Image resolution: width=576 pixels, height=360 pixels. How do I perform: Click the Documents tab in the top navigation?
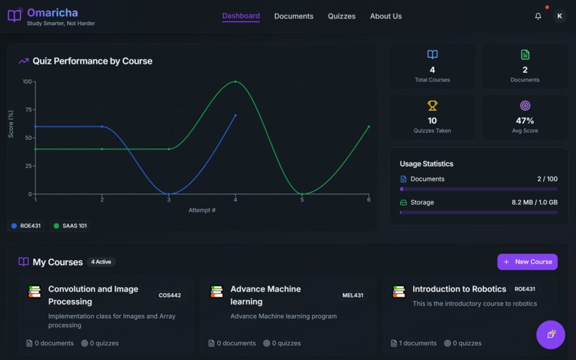294,16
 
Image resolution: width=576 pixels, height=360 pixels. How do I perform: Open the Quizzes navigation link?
342,16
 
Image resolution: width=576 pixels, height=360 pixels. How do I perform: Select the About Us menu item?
386,16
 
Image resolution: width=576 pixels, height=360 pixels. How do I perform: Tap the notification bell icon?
538,16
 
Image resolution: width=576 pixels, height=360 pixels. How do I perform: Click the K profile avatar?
560,16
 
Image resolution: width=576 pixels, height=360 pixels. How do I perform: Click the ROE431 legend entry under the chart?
26,226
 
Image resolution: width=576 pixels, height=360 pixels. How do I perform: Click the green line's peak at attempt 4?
236,81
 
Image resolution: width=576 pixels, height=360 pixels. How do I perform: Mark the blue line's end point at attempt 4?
236,115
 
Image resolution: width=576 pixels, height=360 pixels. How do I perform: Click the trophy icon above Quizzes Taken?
432,106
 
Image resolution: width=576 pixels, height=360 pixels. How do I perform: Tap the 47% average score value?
525,121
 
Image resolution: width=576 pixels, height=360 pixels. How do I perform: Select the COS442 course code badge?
169,295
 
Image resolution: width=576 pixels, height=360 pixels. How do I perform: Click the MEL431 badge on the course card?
353,295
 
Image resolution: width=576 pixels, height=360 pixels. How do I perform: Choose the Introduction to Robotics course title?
459,289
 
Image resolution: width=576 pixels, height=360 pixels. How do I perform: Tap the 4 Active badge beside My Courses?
101,262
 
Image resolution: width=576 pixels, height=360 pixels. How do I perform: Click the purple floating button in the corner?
550,334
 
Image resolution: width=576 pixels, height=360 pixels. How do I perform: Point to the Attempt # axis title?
202,210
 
